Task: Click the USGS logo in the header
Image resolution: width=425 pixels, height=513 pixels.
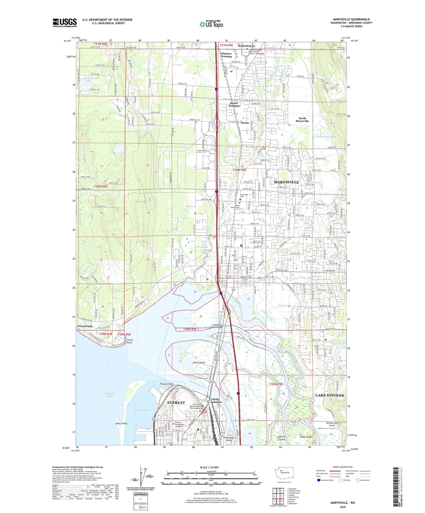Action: pyautogui.click(x=65, y=23)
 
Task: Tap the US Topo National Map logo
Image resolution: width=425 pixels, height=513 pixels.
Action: pyautogui.click(x=211, y=24)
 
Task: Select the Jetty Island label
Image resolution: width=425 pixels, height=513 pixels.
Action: pyautogui.click(x=121, y=423)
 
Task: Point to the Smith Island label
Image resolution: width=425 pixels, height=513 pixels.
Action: pyautogui.click(x=199, y=362)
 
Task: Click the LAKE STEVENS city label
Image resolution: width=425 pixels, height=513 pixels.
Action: pyautogui.click(x=330, y=395)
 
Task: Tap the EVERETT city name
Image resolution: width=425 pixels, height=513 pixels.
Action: pyautogui.click(x=176, y=402)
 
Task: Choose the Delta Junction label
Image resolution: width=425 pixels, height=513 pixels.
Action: pyautogui.click(x=216, y=400)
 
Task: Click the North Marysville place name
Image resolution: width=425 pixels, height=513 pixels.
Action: pyautogui.click(x=302, y=120)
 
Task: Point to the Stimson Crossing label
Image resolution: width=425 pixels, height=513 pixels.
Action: pyautogui.click(x=226, y=55)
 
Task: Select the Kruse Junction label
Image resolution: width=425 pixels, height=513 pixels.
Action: pyautogui.click(x=234, y=104)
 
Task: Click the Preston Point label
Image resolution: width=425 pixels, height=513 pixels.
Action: pyautogui.click(x=167, y=384)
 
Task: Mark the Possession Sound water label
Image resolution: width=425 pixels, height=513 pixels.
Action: pyautogui.click(x=110, y=394)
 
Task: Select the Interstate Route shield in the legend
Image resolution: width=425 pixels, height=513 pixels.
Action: pyautogui.click(x=319, y=480)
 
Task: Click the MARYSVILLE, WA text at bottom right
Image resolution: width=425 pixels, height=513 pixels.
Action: pyautogui.click(x=342, y=503)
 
